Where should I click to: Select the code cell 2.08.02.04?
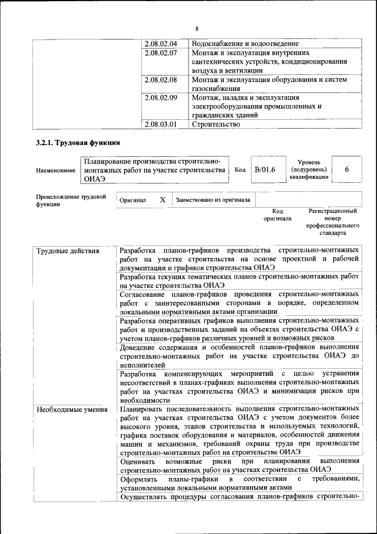coord(161,44)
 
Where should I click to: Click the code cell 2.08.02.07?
coord(161,53)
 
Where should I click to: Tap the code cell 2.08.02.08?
coord(161,79)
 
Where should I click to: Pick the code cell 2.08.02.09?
coord(161,97)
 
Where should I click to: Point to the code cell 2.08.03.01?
coord(161,124)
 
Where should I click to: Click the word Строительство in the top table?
coord(216,124)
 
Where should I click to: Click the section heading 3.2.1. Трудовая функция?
coord(78,143)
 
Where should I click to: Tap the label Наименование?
coord(55,171)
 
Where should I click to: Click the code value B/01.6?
coord(265,170)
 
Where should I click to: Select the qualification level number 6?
coord(347,169)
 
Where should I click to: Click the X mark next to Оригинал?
coord(163,200)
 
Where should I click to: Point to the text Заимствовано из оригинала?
coord(213,200)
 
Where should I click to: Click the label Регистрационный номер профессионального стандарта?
coord(332,222)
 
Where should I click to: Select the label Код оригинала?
coord(277,215)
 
